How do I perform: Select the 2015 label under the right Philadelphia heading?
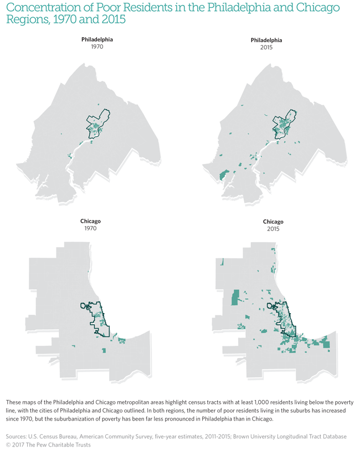[266, 48]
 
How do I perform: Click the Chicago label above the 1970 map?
[90, 221]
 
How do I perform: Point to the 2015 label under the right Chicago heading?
[272, 229]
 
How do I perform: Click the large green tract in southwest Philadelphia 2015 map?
[223, 175]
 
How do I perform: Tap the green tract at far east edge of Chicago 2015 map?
[326, 342]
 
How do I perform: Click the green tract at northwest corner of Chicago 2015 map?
[221, 261]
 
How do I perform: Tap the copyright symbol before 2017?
[8, 445]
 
